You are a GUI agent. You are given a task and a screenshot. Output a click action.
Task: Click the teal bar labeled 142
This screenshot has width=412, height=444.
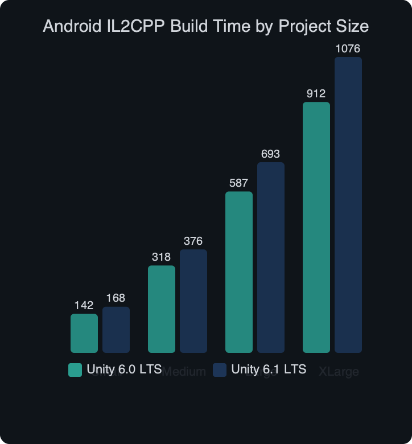pos(84,334)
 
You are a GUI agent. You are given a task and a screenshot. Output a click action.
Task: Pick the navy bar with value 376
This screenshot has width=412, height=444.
pos(193,301)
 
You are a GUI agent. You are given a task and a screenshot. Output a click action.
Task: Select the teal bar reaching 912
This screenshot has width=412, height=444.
pos(316,227)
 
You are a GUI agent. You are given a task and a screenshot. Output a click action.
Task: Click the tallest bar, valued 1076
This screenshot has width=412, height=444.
pos(348,205)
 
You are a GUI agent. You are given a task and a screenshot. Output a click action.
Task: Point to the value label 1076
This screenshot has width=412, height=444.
pos(348,49)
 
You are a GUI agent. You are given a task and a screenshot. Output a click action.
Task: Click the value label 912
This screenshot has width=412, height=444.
pos(316,93)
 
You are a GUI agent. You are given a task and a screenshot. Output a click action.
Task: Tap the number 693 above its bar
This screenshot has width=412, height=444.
pos(271,154)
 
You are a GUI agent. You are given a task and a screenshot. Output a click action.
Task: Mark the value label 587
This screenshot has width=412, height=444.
pos(239,183)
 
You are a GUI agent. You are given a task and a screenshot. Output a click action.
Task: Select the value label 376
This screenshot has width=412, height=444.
pos(193,241)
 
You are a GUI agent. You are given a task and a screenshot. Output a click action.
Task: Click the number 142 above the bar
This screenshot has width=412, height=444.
pos(84,305)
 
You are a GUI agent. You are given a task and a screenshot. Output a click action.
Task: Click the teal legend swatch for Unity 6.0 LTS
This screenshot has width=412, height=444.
pos(75,369)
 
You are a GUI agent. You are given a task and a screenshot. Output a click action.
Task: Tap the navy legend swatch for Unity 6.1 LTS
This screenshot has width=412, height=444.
pos(220,369)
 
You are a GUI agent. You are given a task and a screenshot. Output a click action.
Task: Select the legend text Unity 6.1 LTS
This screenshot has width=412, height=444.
pos(269,369)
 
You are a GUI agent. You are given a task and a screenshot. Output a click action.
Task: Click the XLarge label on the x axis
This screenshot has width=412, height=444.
pos(339,372)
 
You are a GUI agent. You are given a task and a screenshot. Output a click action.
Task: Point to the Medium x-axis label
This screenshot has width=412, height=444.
pos(184,372)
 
